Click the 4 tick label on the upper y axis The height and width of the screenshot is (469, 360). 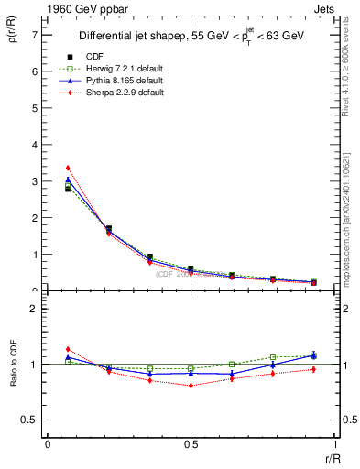(35, 145)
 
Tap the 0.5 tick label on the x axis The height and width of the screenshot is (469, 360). (190, 444)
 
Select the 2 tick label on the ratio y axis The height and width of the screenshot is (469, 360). (35, 310)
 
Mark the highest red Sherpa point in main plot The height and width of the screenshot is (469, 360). (68, 168)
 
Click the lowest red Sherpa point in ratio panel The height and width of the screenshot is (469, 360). (191, 386)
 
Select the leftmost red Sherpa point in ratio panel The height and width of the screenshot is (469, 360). (68, 349)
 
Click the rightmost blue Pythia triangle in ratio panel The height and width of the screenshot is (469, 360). (313, 354)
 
